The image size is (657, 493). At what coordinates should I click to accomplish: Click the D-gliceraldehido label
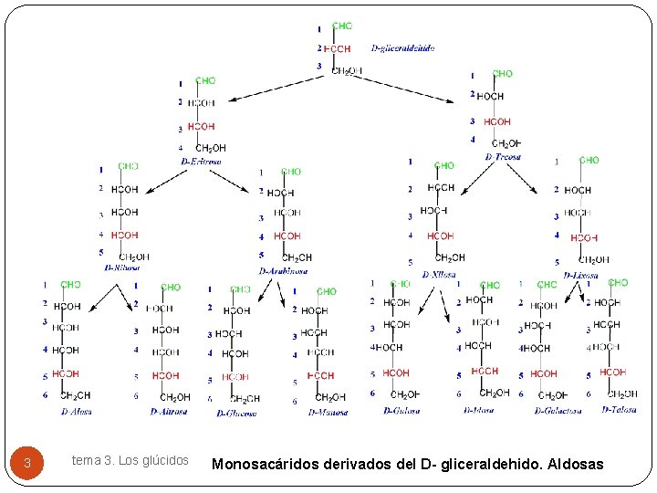point(402,48)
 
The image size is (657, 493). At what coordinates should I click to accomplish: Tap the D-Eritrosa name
point(201,162)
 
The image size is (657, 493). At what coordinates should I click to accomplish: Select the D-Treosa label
point(503,157)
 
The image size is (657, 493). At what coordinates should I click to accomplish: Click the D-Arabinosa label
point(283,271)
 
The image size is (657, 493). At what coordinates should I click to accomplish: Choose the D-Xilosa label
point(439,275)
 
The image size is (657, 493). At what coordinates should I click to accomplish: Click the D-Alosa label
point(76,412)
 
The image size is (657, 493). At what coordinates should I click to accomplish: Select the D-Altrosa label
point(169,412)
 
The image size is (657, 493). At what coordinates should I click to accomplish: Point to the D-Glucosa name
point(237,413)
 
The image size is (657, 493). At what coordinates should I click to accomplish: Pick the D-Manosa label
point(328,413)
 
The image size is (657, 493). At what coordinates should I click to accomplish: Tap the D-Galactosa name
point(558,411)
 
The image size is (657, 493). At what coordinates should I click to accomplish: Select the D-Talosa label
point(619,410)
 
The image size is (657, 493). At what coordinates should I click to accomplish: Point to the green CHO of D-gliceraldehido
point(342,26)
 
